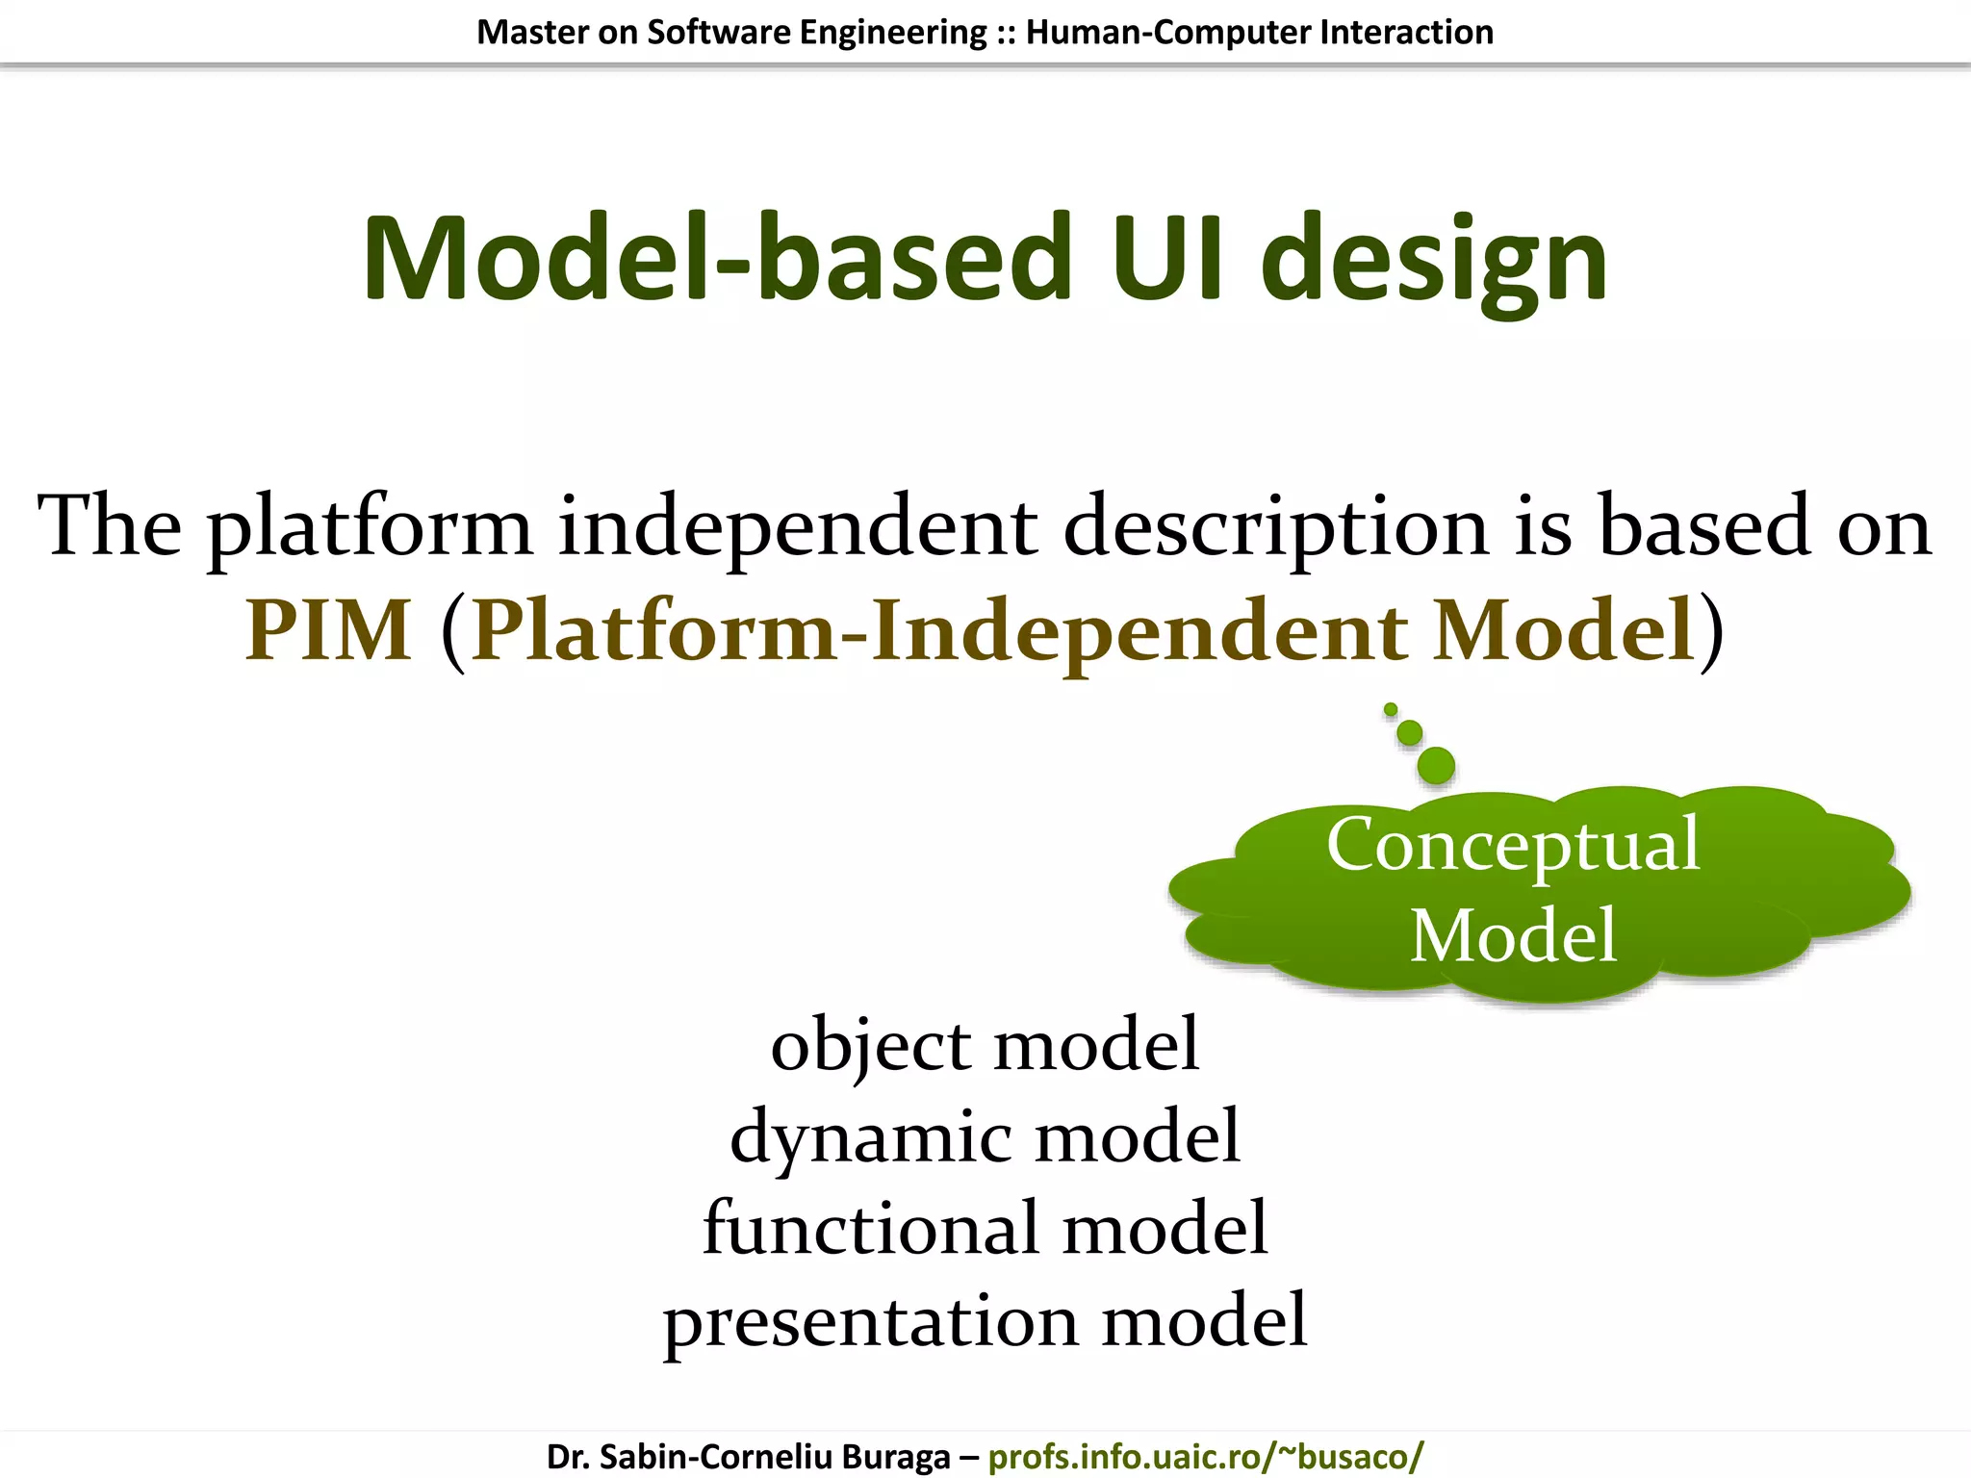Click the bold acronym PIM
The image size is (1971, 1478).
click(328, 630)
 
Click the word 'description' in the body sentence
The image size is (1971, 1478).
click(1276, 527)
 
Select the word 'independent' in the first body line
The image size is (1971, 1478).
click(798, 527)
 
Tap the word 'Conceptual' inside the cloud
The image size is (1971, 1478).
click(1513, 845)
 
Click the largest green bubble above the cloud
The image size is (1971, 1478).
click(1436, 766)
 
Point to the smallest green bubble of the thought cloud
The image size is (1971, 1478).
click(1391, 710)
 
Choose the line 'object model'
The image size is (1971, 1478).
click(985, 1045)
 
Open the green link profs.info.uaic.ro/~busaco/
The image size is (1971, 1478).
click(1205, 1456)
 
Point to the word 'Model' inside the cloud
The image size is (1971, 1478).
click(1513, 935)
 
